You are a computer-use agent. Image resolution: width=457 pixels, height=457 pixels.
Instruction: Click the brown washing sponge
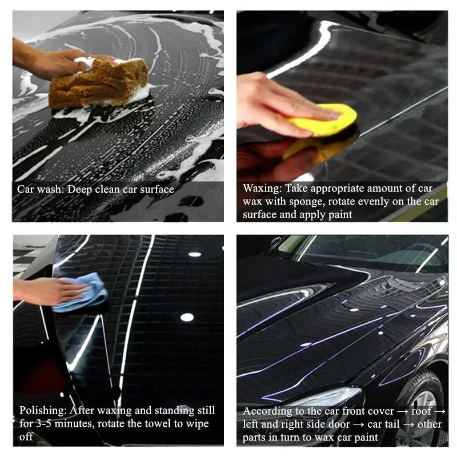click(97, 83)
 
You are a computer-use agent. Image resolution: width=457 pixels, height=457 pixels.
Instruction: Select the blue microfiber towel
click(83, 291)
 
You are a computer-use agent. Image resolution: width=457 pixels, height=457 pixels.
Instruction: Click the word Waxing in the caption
click(262, 188)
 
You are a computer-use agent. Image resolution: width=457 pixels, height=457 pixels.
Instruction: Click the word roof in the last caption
click(420, 411)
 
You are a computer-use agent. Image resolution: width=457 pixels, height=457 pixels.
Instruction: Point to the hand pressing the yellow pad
click(274, 103)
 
